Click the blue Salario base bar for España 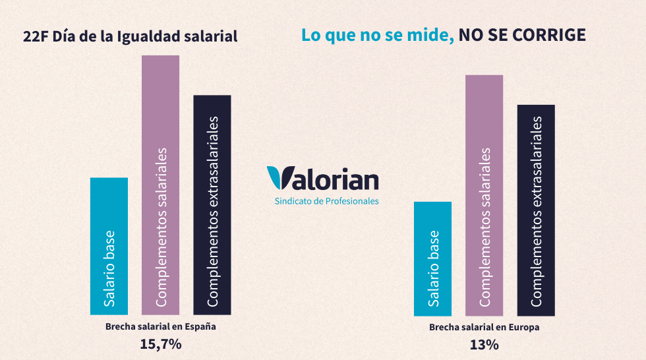(109, 246)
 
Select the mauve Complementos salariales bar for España (161, 185)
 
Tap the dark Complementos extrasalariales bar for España (212, 204)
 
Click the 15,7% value (160, 344)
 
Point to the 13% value (484, 344)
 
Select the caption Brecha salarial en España (160, 326)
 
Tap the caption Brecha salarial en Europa (484, 326)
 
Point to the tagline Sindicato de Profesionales (326, 201)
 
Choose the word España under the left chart (200, 326)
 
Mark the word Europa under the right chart (524, 326)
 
